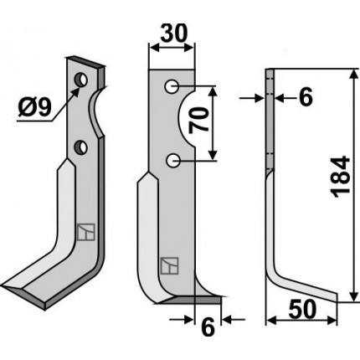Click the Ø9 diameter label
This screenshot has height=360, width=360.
point(35,108)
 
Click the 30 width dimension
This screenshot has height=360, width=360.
point(174,33)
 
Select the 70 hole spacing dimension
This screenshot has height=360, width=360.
point(199,121)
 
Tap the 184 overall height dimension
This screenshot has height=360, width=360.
point(340,177)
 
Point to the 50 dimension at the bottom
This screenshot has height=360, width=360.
point(302,310)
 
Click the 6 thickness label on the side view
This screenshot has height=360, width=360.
point(306,97)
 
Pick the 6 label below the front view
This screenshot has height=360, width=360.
point(208,327)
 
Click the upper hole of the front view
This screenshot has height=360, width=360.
point(172,86)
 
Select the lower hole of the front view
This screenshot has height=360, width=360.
point(173,161)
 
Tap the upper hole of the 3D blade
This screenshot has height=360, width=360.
point(81,80)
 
